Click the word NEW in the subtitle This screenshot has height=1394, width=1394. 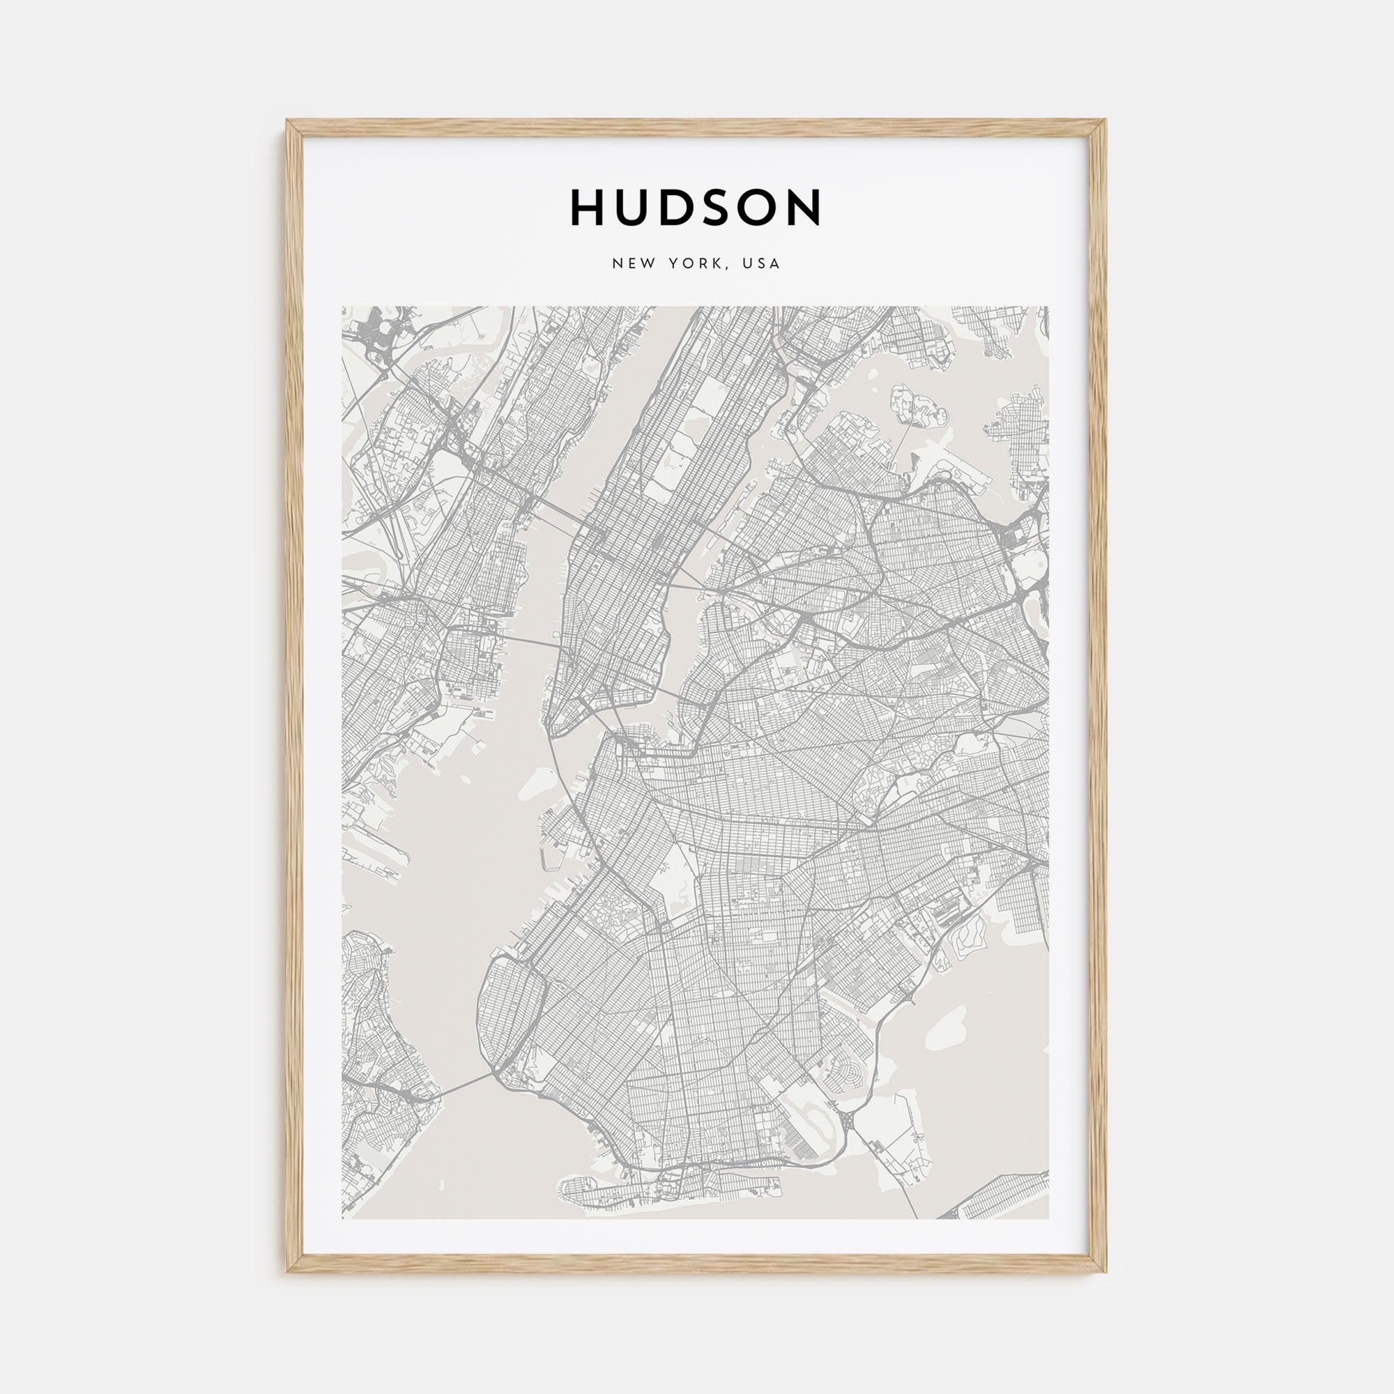click(634, 264)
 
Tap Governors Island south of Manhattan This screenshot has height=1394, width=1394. click(535, 782)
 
